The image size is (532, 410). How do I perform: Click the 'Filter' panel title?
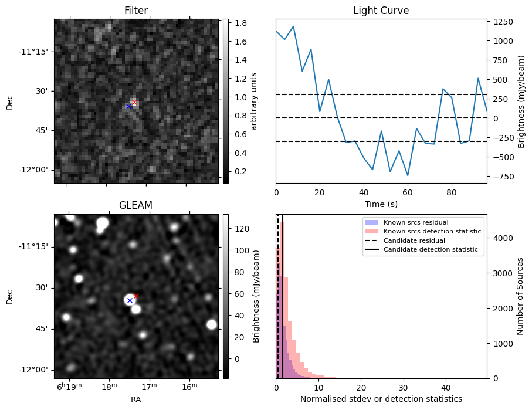pos(136,11)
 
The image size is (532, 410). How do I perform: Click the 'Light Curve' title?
pos(381,11)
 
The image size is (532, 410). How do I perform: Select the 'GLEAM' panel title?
pos(136,205)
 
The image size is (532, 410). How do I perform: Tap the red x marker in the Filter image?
pos(134,103)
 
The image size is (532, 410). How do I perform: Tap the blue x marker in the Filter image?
pos(128,106)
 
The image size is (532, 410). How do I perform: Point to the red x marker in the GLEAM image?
pos(136,296)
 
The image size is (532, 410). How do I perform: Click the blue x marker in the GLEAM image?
pos(130,300)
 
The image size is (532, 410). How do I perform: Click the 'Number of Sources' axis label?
pos(520,296)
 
